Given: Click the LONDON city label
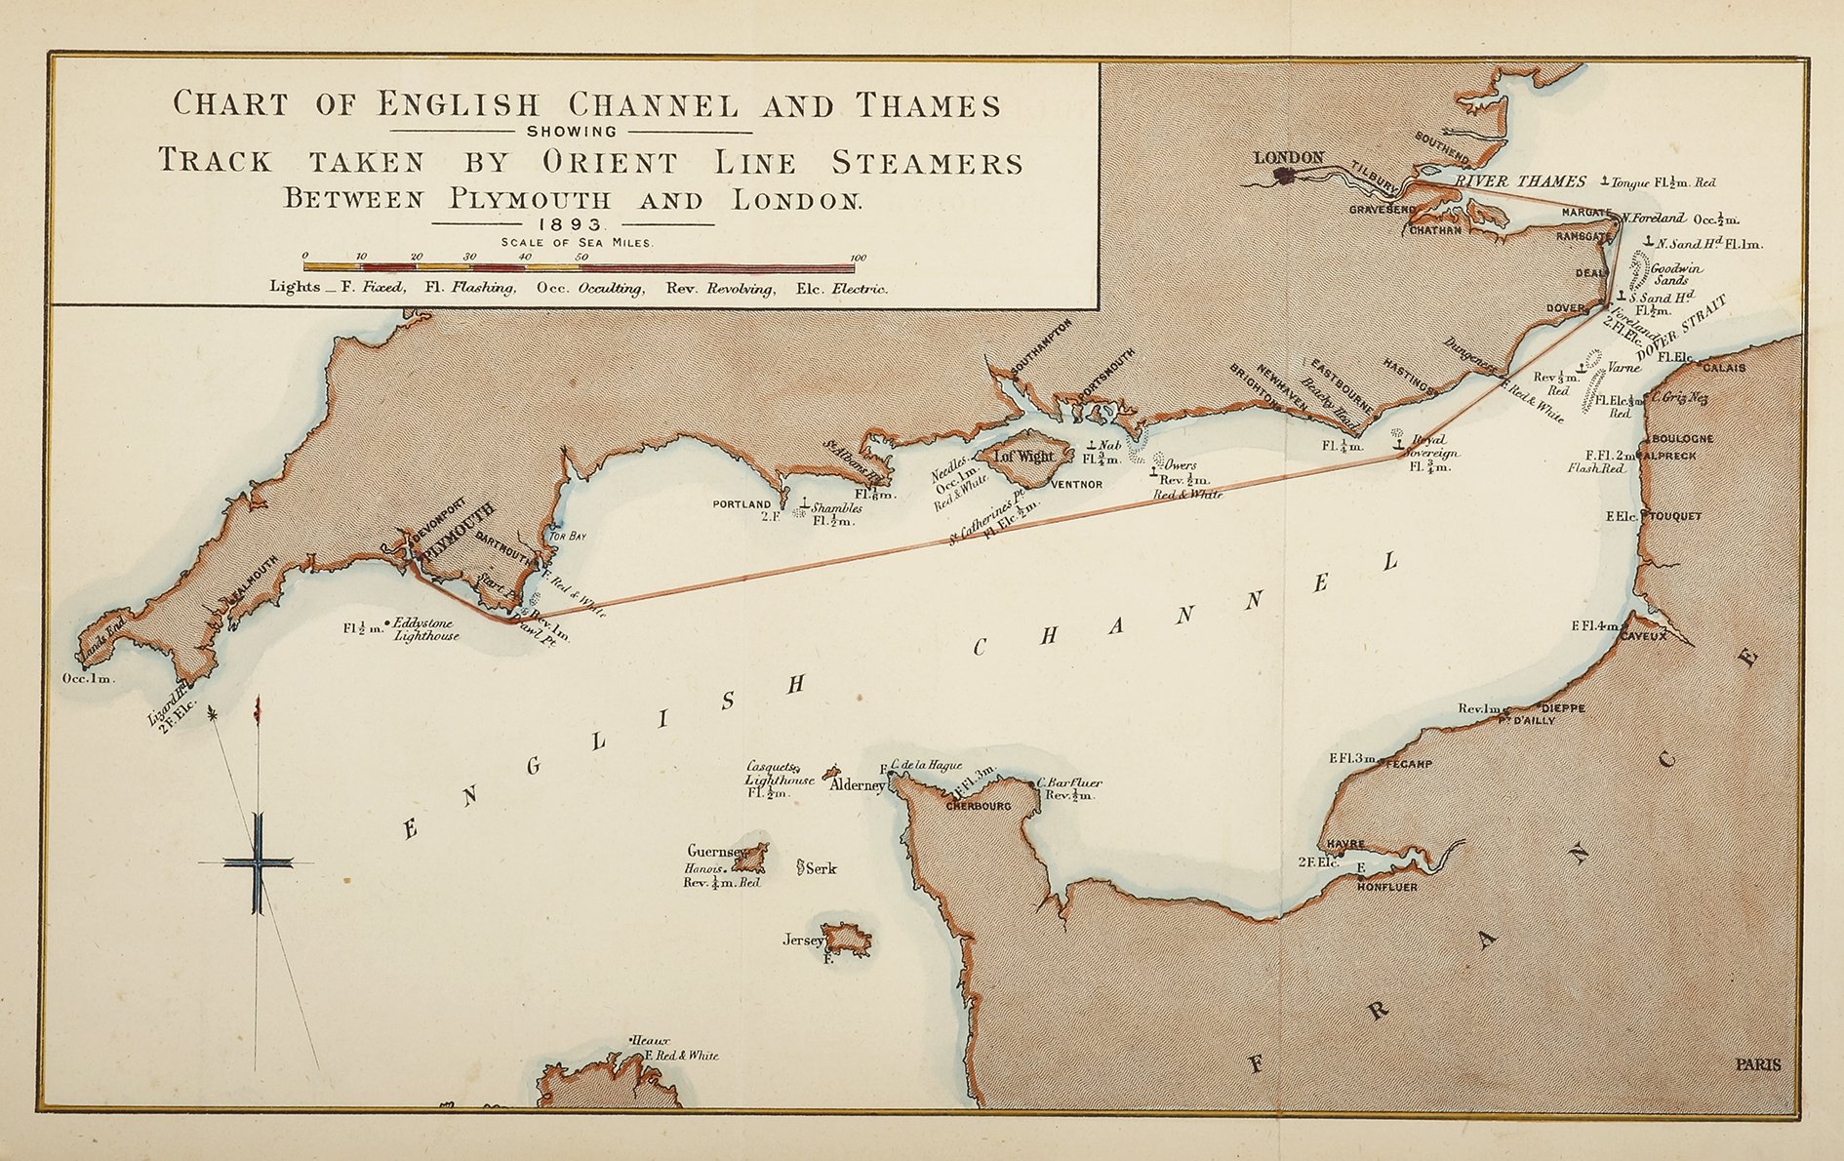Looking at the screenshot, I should [1288, 157].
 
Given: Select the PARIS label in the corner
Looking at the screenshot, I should [1757, 1064].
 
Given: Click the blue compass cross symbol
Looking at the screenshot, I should [258, 862].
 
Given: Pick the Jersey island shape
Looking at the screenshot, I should [846, 939].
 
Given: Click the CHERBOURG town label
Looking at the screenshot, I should [979, 806].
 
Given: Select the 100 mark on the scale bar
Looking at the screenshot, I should [858, 258].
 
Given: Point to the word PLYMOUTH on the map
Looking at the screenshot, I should [458, 532].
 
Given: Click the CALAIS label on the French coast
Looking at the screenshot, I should [1723, 368].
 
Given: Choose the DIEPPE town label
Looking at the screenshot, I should [1562, 707].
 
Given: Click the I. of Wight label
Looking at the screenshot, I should [1023, 456].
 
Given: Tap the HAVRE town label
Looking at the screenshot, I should [1345, 844].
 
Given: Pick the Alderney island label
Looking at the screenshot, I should [856, 784].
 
